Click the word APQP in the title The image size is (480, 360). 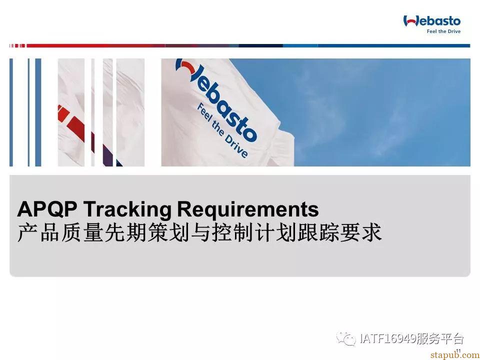tap(47, 209)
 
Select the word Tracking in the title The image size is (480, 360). tap(127, 210)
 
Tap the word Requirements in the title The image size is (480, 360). tap(248, 210)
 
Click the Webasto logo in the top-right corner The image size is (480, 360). tap(432, 21)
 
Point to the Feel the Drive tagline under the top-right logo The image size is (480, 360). tap(443, 31)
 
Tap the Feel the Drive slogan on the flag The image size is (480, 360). tap(222, 130)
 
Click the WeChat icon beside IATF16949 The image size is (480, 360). tap(346, 338)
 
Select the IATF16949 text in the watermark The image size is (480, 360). tap(388, 338)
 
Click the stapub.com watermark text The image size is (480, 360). tap(455, 355)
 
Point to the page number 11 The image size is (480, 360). tap(458, 351)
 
